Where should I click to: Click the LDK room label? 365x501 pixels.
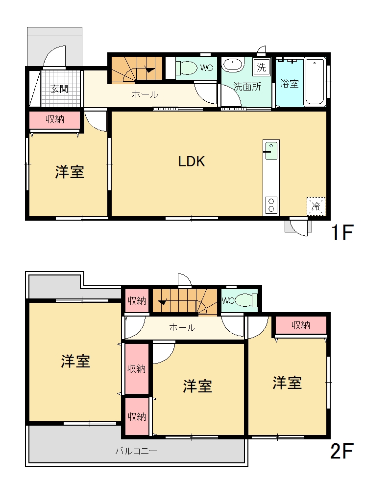(191, 161)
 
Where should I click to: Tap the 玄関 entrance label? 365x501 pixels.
(59, 89)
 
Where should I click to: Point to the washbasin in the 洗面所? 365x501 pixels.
(233, 65)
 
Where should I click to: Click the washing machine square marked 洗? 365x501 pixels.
(261, 67)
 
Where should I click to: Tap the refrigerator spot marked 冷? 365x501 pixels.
(316, 206)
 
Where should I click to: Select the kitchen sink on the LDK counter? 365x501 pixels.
(271, 151)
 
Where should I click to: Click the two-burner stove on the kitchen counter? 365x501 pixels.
(271, 205)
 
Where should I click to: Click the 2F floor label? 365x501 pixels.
(341, 451)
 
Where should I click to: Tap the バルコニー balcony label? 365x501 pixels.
(136, 451)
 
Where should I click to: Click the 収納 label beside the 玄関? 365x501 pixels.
(55, 119)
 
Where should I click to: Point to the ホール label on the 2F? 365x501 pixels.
(182, 327)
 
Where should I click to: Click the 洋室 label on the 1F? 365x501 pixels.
(70, 172)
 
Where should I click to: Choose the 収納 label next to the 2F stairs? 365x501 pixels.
(137, 301)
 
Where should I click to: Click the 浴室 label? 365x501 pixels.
(289, 84)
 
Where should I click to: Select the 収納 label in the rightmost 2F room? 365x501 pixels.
(301, 325)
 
